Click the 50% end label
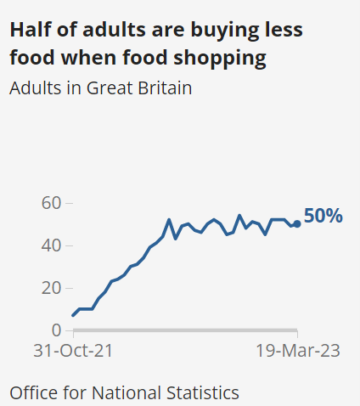[323, 217]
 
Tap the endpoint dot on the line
[296, 224]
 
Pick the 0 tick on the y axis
[56, 330]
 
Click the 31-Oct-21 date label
[72, 351]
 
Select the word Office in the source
[31, 392]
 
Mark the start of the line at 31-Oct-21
[73, 315]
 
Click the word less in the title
[278, 31]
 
